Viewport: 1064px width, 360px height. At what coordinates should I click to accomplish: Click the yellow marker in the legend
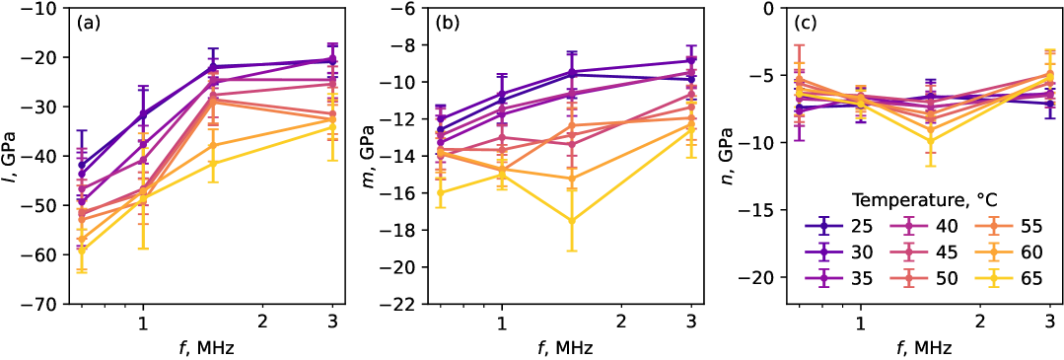[x=993, y=278]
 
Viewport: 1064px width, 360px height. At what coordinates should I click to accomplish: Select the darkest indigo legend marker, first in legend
[x=823, y=226]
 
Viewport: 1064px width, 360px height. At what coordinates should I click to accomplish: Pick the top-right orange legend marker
[x=993, y=226]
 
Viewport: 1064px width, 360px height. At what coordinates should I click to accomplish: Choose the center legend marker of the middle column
[x=908, y=252]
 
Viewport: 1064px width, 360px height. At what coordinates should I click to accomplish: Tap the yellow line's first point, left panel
[x=82, y=251]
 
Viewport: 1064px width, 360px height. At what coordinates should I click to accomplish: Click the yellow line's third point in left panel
[x=212, y=163]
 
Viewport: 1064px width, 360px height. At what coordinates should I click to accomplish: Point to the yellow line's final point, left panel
[x=332, y=126]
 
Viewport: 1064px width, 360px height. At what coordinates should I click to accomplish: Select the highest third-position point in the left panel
[x=212, y=67]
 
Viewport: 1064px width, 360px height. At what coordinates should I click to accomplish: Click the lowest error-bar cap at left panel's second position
[x=143, y=249]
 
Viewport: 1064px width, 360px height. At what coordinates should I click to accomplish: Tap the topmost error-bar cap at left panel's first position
[x=82, y=130]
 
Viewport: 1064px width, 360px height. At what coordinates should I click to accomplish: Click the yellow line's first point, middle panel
[x=441, y=192]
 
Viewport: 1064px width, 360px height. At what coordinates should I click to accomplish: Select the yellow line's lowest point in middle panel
[x=572, y=220]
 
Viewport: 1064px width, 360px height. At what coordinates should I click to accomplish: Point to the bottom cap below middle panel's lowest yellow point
[x=572, y=251]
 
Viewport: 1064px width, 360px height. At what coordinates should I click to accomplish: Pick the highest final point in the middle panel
[x=691, y=60]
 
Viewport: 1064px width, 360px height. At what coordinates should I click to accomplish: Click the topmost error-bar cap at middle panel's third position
[x=572, y=53]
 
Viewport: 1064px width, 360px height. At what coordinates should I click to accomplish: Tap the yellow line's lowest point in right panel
[x=930, y=141]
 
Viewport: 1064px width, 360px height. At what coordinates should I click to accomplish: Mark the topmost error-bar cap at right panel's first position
[x=800, y=44]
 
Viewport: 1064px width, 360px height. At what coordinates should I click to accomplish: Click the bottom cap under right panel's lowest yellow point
[x=930, y=166]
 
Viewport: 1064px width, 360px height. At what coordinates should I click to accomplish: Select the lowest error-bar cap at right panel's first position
[x=800, y=140]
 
